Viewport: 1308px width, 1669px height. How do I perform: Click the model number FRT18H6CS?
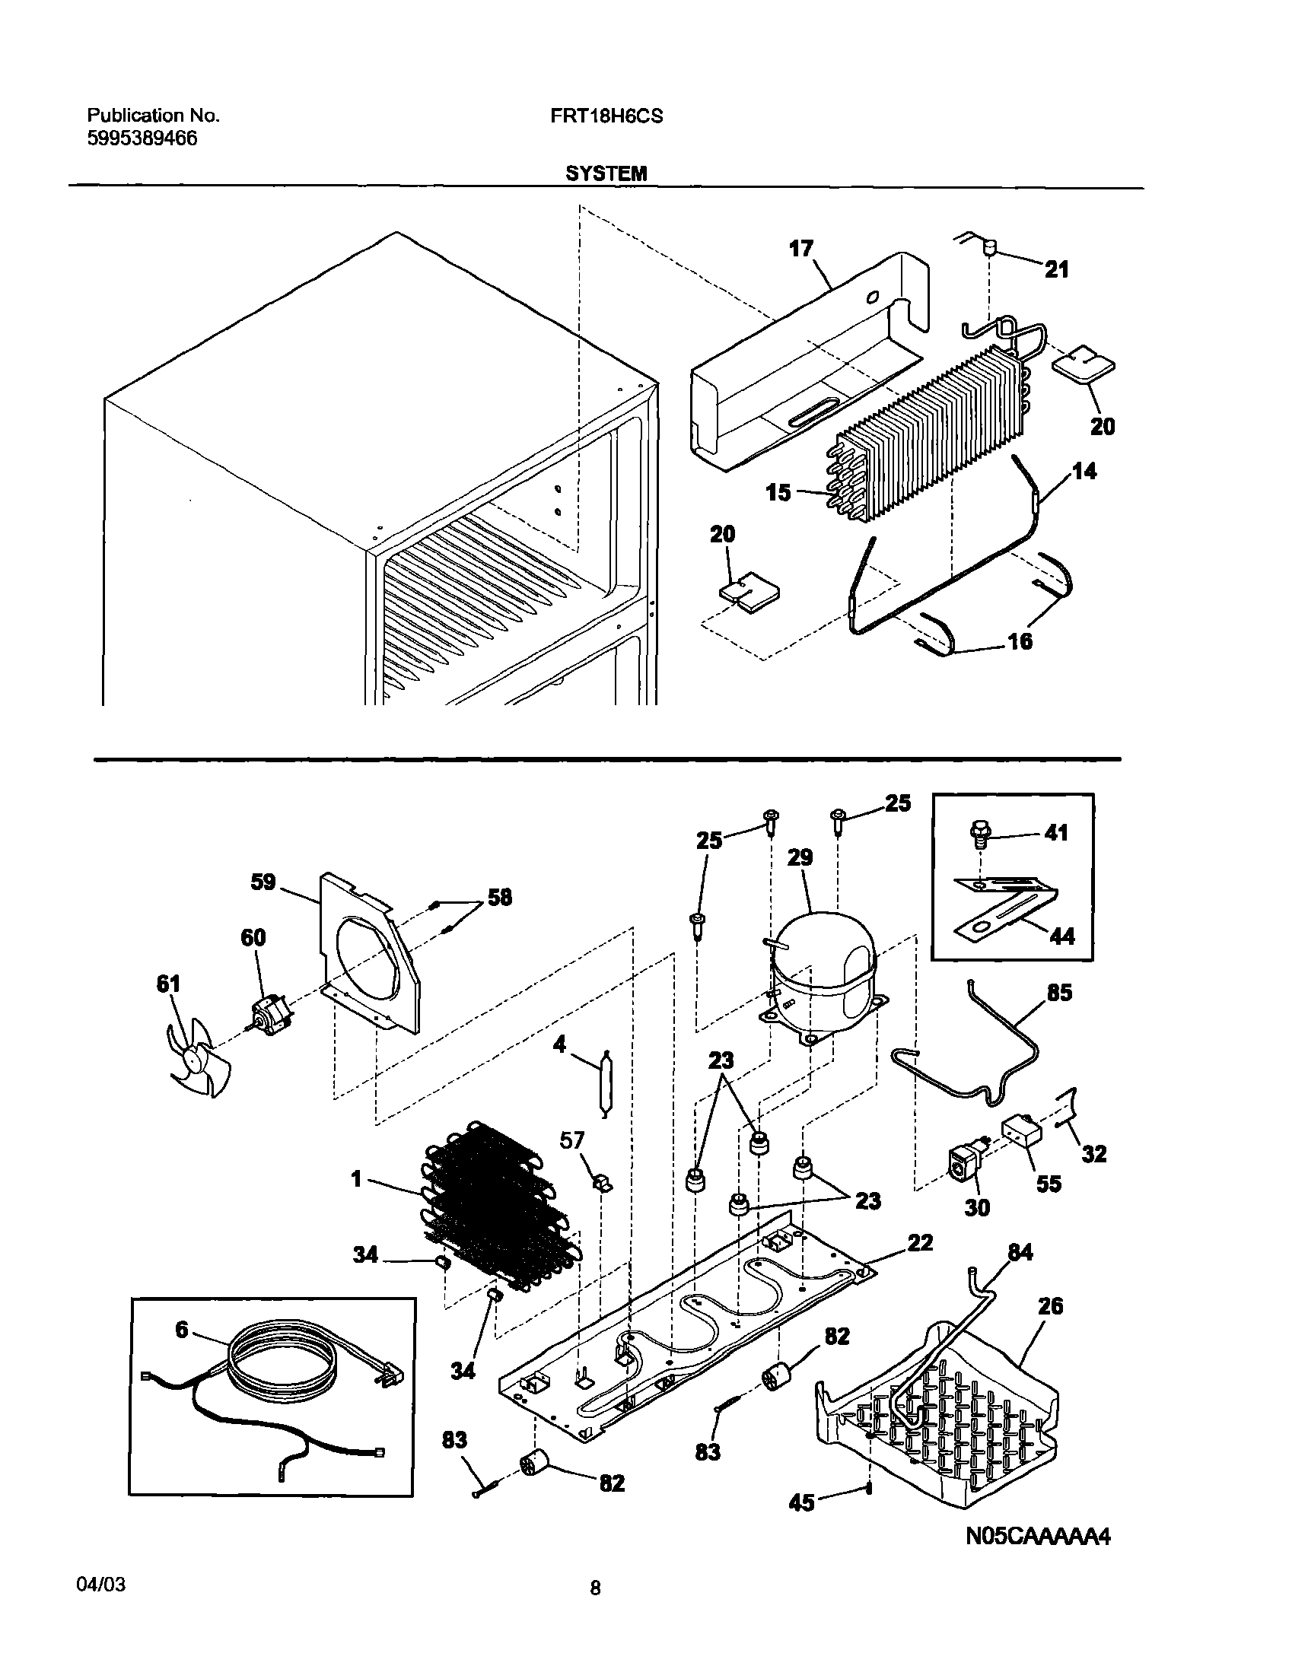(x=606, y=116)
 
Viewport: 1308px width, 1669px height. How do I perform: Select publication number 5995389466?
(x=142, y=138)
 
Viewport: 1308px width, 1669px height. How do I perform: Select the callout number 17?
(x=801, y=249)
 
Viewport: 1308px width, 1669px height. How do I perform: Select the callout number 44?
(x=1061, y=936)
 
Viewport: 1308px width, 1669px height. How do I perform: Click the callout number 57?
(x=572, y=1142)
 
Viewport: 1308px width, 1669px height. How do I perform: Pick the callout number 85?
(x=1060, y=993)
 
